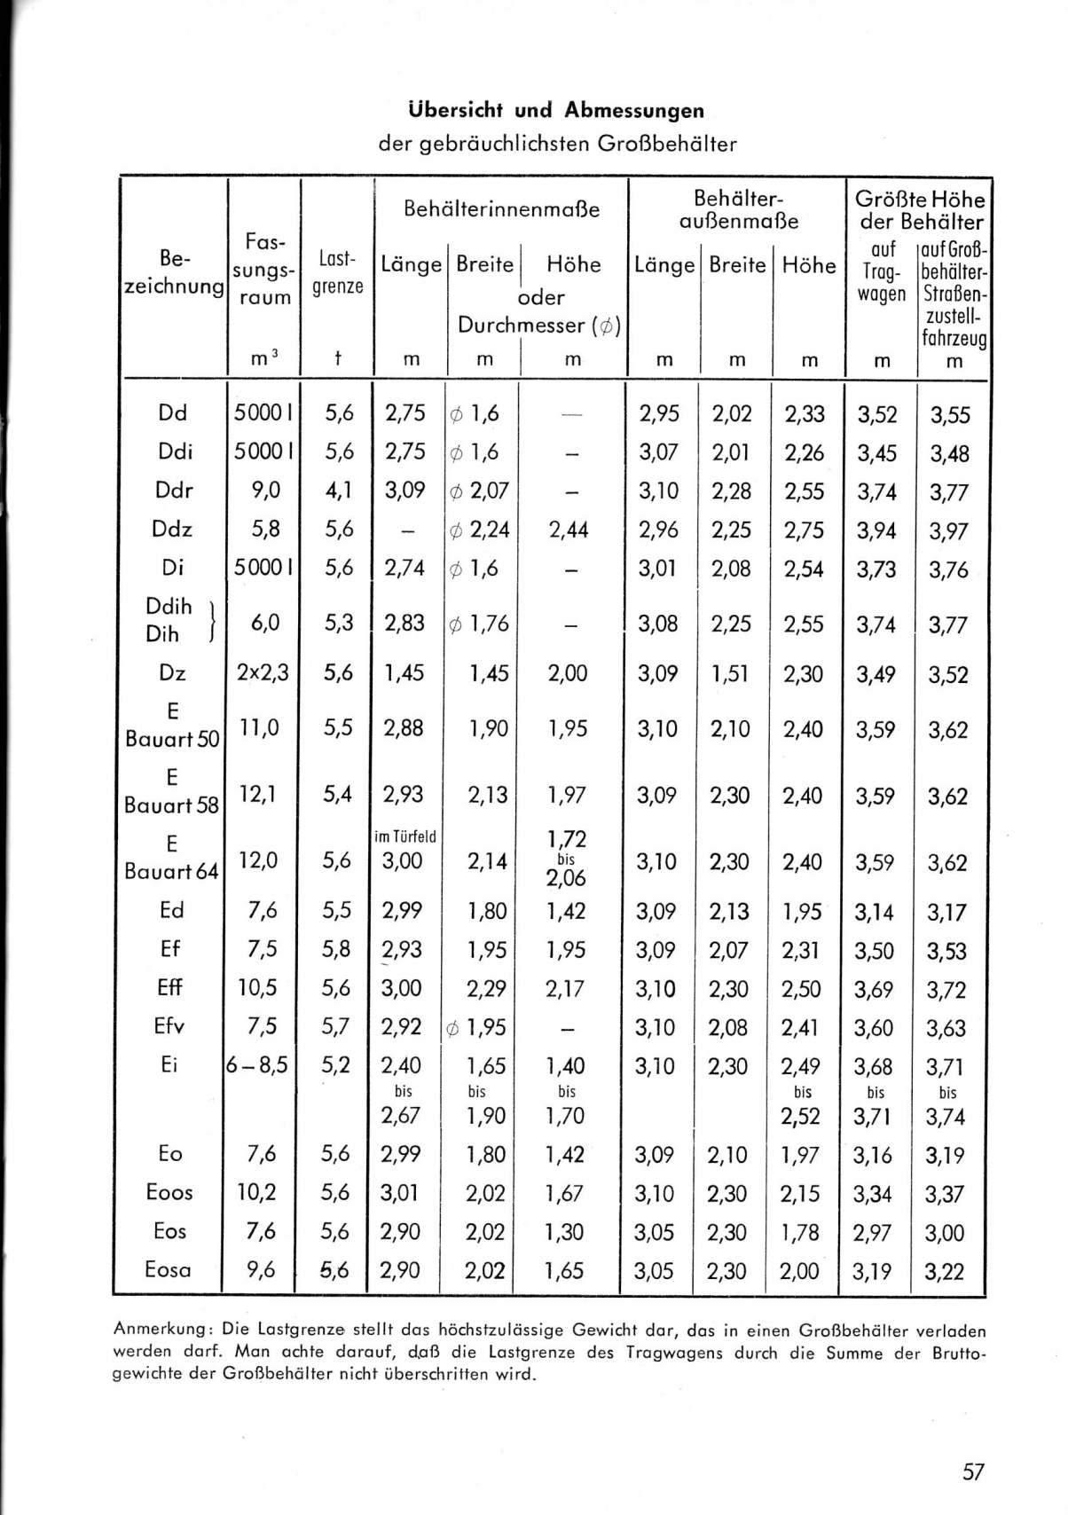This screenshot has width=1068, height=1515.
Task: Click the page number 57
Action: pyautogui.click(x=973, y=1472)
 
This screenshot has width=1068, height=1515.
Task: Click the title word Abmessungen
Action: pyautogui.click(x=635, y=111)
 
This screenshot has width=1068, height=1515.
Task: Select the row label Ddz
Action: pyautogui.click(x=172, y=530)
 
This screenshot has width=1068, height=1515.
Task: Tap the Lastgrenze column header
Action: pyautogui.click(x=337, y=272)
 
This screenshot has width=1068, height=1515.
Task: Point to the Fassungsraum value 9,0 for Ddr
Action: pyautogui.click(x=263, y=491)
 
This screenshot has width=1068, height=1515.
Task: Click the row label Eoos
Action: pyautogui.click(x=169, y=1192)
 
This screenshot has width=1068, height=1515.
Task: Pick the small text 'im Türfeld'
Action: pyautogui.click(x=405, y=837)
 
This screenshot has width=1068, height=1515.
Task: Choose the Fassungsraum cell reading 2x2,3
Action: pyautogui.click(x=263, y=673)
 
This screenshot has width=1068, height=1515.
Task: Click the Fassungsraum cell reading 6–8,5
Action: pyautogui.click(x=258, y=1065)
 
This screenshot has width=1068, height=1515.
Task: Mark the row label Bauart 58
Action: pyautogui.click(x=171, y=806)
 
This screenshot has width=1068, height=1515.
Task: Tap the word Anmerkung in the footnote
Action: pyautogui.click(x=160, y=1331)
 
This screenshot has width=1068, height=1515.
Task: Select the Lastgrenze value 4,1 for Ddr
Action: pyautogui.click(x=338, y=491)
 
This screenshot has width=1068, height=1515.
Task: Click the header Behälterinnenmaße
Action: pyautogui.click(x=501, y=209)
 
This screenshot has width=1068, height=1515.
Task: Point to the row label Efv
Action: pyautogui.click(x=169, y=1026)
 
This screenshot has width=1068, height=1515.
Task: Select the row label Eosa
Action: pyautogui.click(x=168, y=1269)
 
